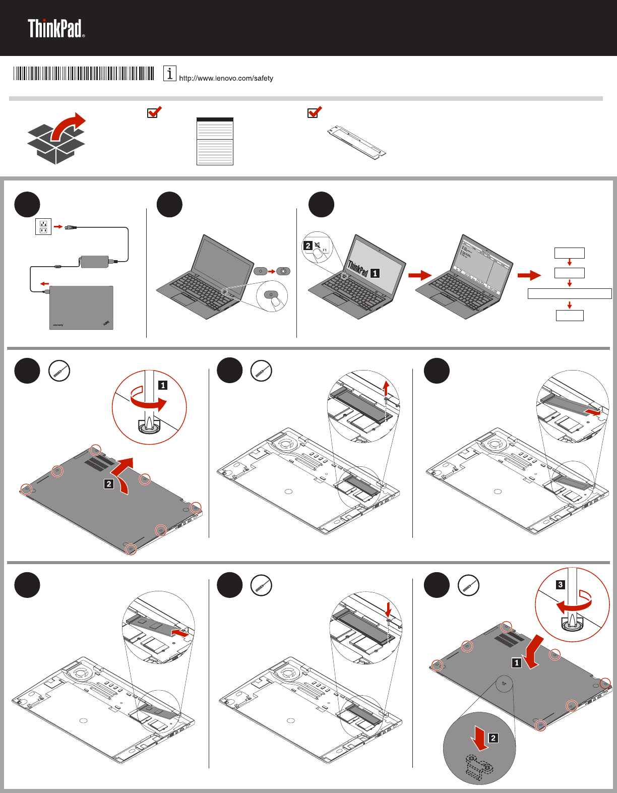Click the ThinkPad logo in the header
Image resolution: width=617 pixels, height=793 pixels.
[56, 29]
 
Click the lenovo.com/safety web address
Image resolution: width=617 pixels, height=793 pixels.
[226, 78]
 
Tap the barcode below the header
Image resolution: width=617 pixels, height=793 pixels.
[84, 74]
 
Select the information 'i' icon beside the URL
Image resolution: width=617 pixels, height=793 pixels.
[170, 74]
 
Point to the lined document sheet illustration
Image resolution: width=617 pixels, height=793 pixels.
[215, 141]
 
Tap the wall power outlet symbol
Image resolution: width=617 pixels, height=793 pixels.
[43, 226]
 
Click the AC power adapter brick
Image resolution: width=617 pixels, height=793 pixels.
[94, 262]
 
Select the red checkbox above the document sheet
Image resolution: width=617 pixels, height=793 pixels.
[154, 112]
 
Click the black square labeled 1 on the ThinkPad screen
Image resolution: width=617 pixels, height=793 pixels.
[375, 273]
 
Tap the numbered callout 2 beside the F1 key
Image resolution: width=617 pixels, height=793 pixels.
[308, 246]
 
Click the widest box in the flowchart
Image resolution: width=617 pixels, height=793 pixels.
[570, 293]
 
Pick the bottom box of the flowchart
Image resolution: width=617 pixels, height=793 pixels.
[570, 316]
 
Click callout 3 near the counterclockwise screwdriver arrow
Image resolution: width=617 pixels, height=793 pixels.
[560, 585]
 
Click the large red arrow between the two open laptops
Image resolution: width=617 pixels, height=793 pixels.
[420, 275]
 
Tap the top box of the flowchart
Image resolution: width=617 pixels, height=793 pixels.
[570, 253]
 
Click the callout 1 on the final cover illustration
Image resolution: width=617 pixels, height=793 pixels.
[516, 662]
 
